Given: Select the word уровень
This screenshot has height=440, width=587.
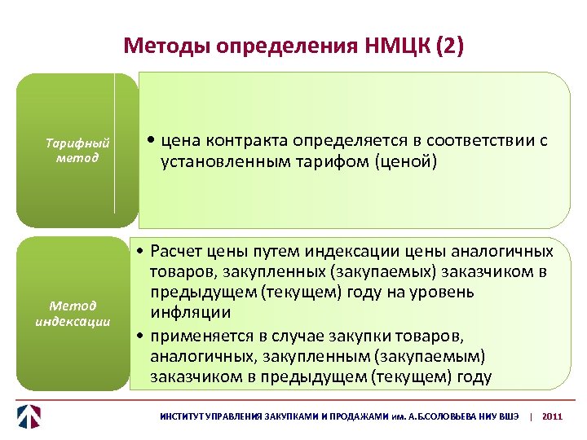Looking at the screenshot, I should coord(457,293).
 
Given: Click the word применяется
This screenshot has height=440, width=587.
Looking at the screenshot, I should coord(199,335).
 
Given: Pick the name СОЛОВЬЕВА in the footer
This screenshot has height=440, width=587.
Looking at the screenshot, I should coord(441,416).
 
